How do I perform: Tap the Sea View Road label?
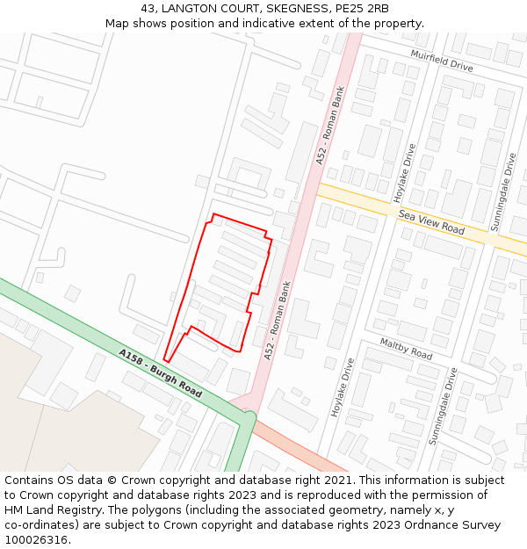point(431,221)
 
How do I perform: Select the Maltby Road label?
point(406,348)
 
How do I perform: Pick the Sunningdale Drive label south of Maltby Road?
point(443,406)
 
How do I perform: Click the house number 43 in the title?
point(148,9)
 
